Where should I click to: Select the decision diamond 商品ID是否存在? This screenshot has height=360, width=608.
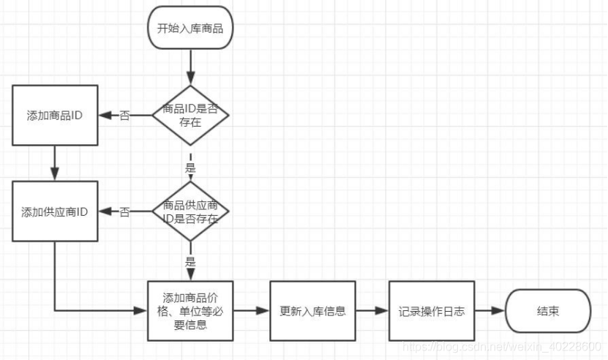point(190,115)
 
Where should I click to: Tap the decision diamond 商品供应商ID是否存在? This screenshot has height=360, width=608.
point(190,212)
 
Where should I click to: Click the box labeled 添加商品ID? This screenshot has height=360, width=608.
point(55,115)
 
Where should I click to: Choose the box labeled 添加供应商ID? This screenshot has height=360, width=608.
point(55,212)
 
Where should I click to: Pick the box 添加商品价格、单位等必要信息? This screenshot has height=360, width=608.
point(190,310)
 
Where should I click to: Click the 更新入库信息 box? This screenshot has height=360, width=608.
point(313,310)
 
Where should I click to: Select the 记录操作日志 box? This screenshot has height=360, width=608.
point(431,310)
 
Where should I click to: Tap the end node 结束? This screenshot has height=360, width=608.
point(548,311)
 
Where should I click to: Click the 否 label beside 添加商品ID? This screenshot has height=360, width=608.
point(125,116)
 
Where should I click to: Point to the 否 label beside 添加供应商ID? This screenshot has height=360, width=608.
point(125,213)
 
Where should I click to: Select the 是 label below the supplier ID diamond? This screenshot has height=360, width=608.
point(190,261)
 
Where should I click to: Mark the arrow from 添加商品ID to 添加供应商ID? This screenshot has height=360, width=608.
point(55,162)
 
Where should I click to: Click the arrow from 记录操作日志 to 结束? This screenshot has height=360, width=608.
point(489,310)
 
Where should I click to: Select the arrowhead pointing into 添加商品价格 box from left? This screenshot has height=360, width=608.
point(142,310)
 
